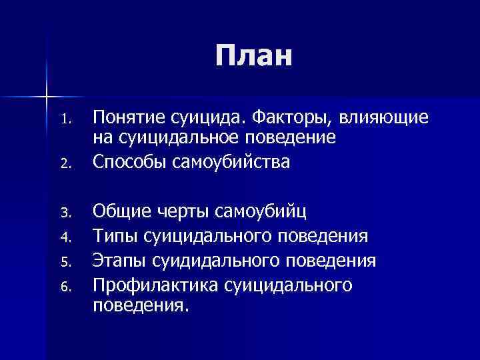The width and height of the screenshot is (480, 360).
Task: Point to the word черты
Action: click(182, 213)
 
